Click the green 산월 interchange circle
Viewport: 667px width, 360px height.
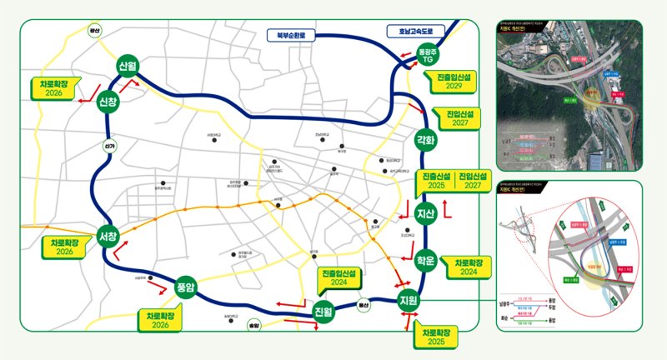coord(128,67)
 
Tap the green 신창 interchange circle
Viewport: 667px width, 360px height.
coord(108,102)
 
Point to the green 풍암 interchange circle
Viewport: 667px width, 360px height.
coord(185,287)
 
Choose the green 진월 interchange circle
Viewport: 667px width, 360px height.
coord(323,312)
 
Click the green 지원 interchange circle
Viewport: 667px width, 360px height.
coord(409,300)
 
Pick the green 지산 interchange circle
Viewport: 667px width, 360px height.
coord(426,213)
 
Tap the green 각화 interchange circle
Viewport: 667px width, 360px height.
coord(425,140)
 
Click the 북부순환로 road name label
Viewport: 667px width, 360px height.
coord(288,36)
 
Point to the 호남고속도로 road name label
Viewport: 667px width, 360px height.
coord(416,31)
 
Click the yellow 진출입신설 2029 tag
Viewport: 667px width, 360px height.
coord(453,81)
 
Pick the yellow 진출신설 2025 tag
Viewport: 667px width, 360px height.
coord(434,182)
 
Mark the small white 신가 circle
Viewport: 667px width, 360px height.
coord(108,145)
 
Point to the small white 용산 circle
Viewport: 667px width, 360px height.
coord(364,305)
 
